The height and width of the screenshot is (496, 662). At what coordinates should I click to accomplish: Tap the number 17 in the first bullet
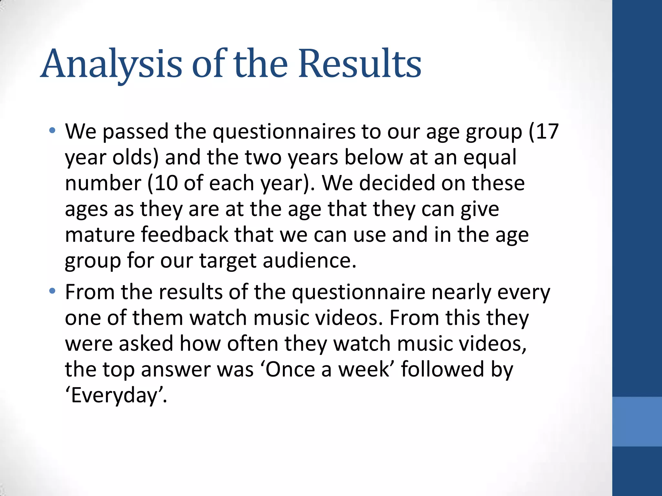click(x=548, y=131)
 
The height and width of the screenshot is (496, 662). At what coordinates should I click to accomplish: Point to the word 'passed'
click(x=135, y=132)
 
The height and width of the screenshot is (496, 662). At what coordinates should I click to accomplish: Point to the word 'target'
click(x=228, y=261)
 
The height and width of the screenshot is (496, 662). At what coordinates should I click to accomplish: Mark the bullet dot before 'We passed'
click(x=52, y=131)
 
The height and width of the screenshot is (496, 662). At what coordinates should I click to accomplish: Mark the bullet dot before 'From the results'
click(x=52, y=292)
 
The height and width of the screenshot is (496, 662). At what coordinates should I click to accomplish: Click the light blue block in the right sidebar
click(x=637, y=421)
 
